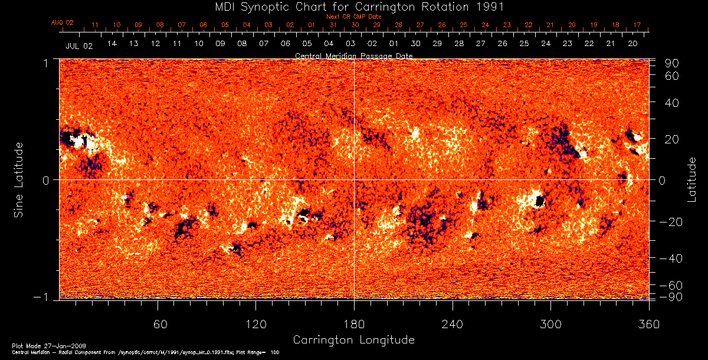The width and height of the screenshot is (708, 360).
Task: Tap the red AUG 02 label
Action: coord(62,22)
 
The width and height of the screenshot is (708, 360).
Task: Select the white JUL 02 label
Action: coord(79,45)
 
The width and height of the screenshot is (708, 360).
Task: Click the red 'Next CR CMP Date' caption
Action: coord(353,17)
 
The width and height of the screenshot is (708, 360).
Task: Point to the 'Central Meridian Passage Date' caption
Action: coord(353,55)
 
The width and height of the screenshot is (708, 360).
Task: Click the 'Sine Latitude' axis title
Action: coord(19,179)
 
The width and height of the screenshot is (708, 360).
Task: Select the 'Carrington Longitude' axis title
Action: coord(353,340)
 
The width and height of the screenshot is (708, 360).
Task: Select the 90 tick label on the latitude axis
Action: coord(673,63)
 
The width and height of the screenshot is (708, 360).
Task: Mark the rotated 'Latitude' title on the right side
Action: coord(692,179)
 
